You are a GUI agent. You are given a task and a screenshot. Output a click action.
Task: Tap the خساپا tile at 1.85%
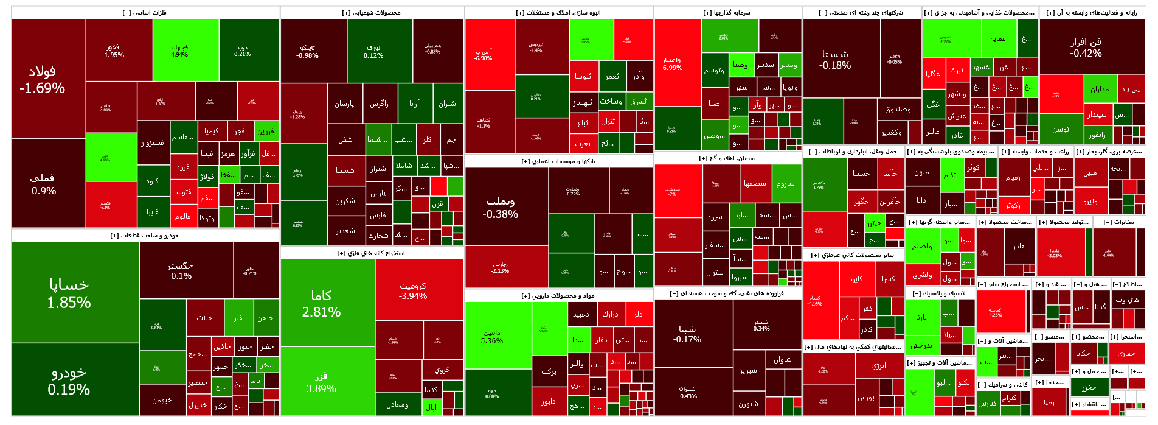pos(69,293)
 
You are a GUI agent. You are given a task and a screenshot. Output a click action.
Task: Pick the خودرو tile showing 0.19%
pos(69,381)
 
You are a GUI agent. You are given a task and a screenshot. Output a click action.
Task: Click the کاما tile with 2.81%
pos(322,303)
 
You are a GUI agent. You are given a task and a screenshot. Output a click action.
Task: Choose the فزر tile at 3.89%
pos(322,382)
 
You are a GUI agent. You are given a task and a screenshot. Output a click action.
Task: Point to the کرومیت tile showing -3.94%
pos(413,290)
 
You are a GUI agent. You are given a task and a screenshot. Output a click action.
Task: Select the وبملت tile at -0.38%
pos(501,207)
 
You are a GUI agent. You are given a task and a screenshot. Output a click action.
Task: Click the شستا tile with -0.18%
pos(836,59)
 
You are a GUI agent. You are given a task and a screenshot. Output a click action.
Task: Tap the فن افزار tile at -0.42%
pos(1086,47)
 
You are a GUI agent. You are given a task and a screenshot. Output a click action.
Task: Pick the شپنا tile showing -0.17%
pos(688,334)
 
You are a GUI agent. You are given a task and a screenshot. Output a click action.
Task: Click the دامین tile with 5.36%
pos(492,337)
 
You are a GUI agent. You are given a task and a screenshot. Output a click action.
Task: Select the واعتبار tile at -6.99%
pos(672,64)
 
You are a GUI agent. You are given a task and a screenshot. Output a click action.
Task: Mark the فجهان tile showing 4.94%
pos(179,51)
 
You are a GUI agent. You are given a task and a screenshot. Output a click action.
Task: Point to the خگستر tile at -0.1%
pos(180,270)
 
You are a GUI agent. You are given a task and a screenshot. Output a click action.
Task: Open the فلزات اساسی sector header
pos(145,13)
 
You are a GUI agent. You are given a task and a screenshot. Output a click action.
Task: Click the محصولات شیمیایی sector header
pos(372,13)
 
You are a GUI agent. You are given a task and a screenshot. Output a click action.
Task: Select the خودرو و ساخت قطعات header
pos(145,236)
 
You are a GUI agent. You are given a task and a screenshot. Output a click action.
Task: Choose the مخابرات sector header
pos(1119,222)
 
